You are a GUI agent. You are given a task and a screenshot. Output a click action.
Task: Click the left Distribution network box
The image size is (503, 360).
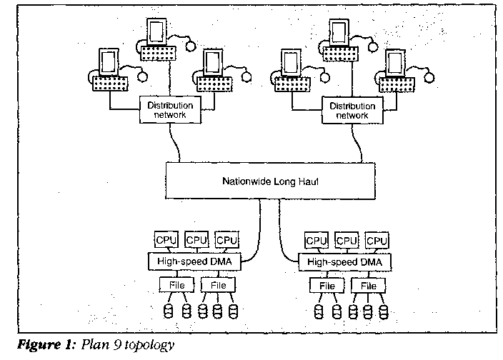coord(170,109)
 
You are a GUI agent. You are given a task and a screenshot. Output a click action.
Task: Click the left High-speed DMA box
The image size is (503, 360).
coord(194,262)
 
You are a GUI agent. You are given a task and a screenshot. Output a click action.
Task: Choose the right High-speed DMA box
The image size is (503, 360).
coord(344,262)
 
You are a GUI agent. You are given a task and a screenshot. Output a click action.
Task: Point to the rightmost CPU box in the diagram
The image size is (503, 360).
coord(377,241)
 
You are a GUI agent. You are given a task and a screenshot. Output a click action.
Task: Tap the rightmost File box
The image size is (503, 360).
coord(369,286)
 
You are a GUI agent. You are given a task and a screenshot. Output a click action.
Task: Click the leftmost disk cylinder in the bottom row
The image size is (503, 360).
coord(169,311)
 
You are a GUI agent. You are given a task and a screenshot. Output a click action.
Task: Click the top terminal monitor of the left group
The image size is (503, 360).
coord(156,30)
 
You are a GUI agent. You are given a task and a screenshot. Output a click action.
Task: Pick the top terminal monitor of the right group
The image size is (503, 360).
coord(339,30)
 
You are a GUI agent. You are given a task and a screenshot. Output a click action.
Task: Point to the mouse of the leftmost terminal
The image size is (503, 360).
coord(143,75)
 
